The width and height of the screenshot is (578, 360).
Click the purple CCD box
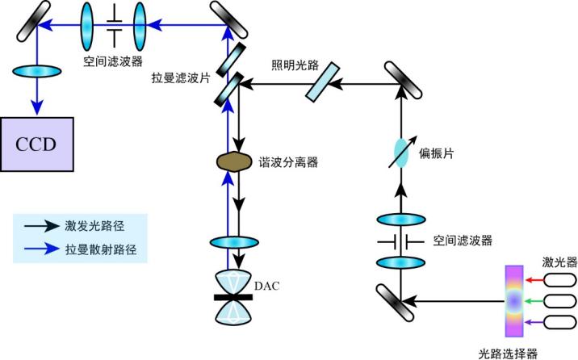(36, 143)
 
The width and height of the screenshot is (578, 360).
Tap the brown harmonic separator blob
(234, 161)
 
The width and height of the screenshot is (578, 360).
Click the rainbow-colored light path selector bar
(513, 301)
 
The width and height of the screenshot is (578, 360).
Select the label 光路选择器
(508, 352)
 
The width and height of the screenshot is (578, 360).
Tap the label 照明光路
(291, 64)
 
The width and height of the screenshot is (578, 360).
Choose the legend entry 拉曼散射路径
(100, 250)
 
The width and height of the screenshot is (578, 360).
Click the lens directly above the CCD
(36, 71)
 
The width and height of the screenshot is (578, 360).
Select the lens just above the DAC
(235, 242)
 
